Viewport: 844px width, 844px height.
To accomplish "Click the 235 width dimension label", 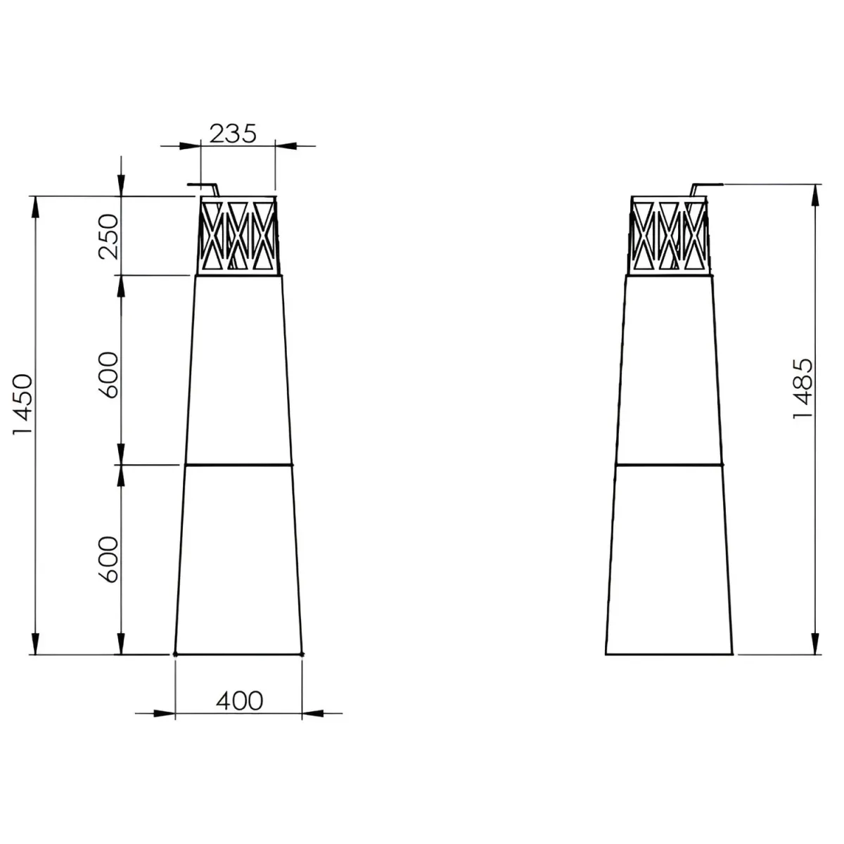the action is [233, 134].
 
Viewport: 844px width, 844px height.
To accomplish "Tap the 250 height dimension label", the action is [108, 236].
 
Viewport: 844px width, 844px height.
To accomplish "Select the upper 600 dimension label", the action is [108, 374].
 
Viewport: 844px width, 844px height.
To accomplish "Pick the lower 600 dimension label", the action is [108, 559].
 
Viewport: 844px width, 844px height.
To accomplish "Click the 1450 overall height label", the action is [23, 404].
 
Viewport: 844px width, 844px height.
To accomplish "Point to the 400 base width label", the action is [240, 701].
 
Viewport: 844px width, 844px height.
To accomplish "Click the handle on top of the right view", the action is [705, 188].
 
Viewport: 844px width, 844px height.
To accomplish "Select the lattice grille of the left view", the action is [238, 236].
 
